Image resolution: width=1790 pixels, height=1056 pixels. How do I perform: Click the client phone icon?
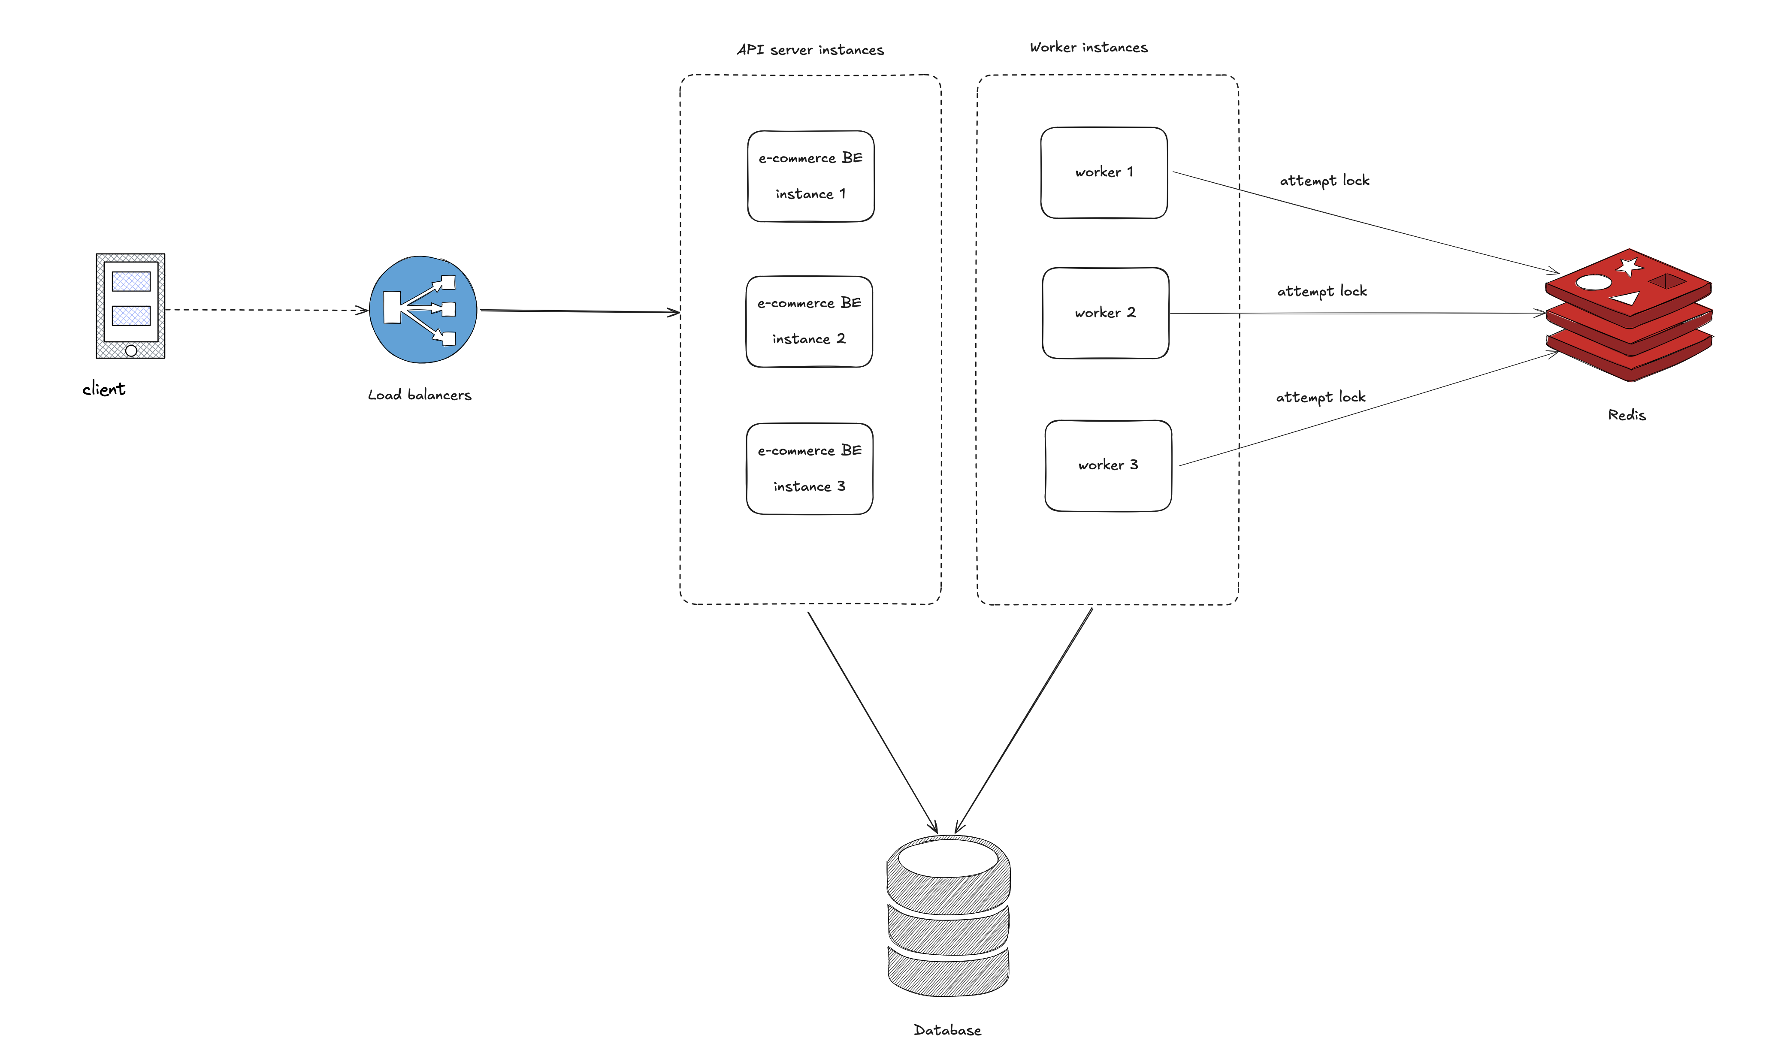coord(131,306)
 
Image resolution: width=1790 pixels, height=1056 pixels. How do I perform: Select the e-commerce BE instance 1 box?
coord(810,176)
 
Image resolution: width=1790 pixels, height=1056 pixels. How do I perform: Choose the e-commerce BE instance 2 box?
coord(809,322)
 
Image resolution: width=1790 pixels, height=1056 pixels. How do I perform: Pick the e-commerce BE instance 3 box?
coord(809,469)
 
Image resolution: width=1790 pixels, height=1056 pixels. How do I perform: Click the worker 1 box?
coord(1104,173)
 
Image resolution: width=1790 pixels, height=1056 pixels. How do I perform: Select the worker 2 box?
coord(1105,313)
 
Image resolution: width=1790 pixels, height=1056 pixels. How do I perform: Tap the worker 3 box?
coord(1108,465)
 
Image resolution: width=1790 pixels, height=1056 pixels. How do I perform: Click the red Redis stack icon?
coord(1629,315)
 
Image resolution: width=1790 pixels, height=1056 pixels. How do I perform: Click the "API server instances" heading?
coord(810,50)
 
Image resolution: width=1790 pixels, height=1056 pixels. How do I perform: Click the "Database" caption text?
coord(947,1030)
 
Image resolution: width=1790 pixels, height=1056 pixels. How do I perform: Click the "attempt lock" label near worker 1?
coord(1324,181)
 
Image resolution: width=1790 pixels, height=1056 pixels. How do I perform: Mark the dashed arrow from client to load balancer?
coord(267,310)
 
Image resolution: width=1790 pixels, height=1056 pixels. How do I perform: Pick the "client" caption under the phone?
coord(104,389)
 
